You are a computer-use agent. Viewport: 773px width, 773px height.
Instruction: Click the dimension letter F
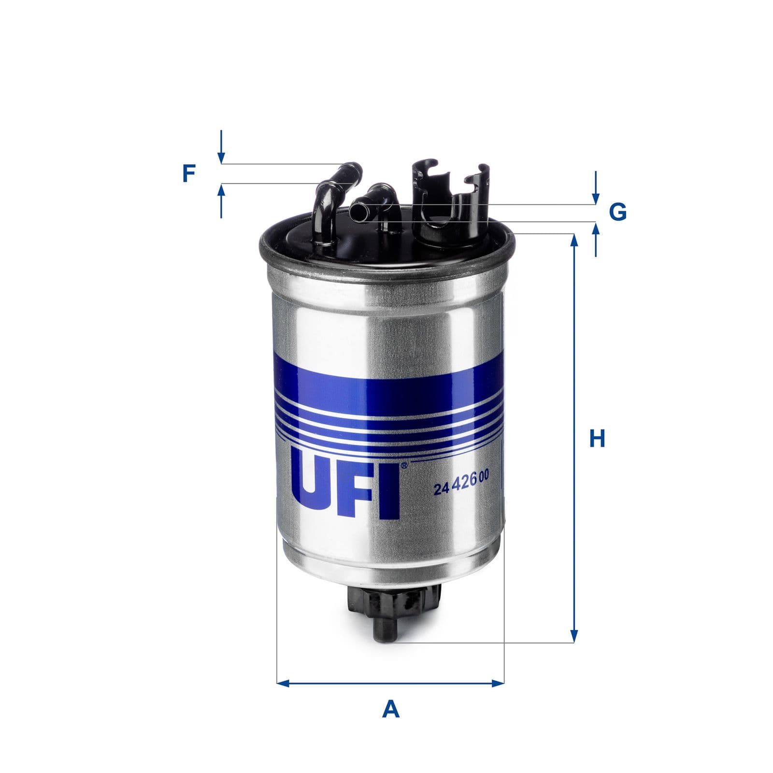(188, 173)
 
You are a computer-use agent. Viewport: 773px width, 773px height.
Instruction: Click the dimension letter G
(617, 212)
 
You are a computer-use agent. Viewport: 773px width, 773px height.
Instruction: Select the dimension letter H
(597, 439)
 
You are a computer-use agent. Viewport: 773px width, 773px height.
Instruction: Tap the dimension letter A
(390, 710)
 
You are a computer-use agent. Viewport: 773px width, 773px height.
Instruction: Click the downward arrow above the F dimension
(221, 157)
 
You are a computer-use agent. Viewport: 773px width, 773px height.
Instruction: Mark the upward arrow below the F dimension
(221, 191)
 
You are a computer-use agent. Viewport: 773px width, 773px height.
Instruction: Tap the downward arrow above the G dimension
(596, 198)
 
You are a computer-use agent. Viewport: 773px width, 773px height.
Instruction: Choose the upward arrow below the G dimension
(596, 229)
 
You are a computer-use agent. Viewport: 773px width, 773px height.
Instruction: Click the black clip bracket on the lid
(449, 203)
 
